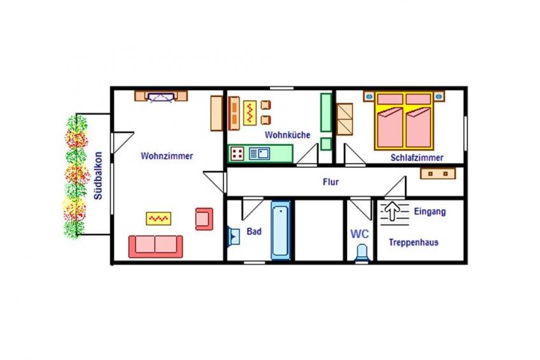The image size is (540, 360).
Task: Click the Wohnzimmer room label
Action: tap(167, 156)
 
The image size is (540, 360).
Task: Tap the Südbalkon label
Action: tap(99, 176)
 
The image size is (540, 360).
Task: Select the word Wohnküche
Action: tap(287, 134)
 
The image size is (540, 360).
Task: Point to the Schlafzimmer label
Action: tap(416, 158)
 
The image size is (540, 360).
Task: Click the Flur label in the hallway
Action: tap(330, 182)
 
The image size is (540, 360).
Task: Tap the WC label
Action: tap(359, 234)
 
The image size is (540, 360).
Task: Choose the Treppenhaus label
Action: tap(414, 242)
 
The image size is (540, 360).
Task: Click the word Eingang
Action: tap(430, 212)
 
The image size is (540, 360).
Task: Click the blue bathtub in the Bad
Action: tap(281, 230)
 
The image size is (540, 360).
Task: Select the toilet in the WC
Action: tap(362, 253)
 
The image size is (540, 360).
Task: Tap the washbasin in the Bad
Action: tap(234, 236)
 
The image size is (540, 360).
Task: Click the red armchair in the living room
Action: tap(204, 219)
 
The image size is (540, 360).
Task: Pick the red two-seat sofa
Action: tap(155, 247)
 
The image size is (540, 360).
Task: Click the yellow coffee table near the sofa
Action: tap(159, 219)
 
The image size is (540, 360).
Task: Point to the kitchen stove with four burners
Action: tap(238, 154)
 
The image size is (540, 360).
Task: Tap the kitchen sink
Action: tap(260, 154)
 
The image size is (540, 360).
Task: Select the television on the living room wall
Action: tap(161, 97)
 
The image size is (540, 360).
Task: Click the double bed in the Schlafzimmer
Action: tap(404, 120)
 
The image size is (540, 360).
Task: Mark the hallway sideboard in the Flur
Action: tap(437, 173)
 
